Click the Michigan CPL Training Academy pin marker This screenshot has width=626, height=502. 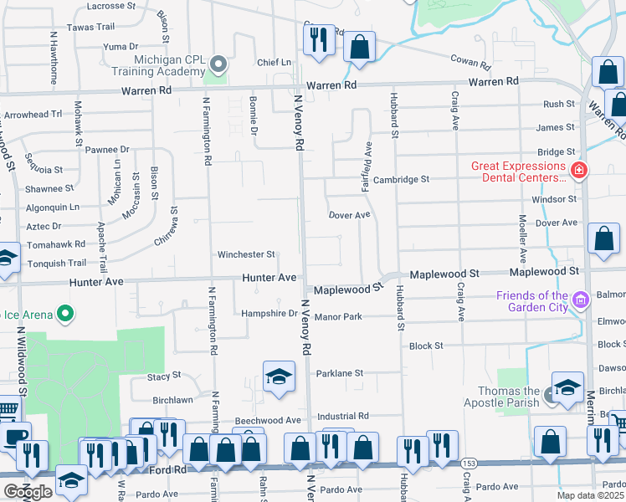(218, 64)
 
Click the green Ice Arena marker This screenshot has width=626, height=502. (64, 315)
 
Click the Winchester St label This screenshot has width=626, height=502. (246, 254)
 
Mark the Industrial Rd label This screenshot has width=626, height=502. (343, 416)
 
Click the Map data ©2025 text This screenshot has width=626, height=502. (590, 495)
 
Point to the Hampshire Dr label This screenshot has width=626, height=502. (269, 314)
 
